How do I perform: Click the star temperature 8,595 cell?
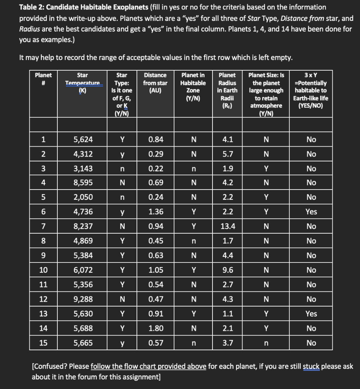[x=82, y=183]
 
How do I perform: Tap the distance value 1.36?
[x=156, y=212]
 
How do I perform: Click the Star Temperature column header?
[x=82, y=83]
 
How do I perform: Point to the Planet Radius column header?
[x=227, y=90]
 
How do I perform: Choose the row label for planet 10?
[x=43, y=270]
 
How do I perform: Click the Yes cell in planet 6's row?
[x=311, y=212]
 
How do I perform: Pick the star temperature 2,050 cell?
[x=82, y=197]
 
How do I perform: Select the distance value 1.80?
[x=156, y=328]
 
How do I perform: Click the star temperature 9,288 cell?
[x=82, y=299]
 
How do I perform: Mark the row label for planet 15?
[x=43, y=343]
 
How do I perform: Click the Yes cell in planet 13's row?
[x=311, y=314]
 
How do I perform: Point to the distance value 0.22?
[x=156, y=168]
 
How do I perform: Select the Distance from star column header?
[x=156, y=83]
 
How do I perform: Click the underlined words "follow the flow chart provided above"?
[x=149, y=367]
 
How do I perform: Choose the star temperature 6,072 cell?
[x=82, y=270]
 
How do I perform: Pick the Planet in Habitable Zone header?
[x=193, y=87]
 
